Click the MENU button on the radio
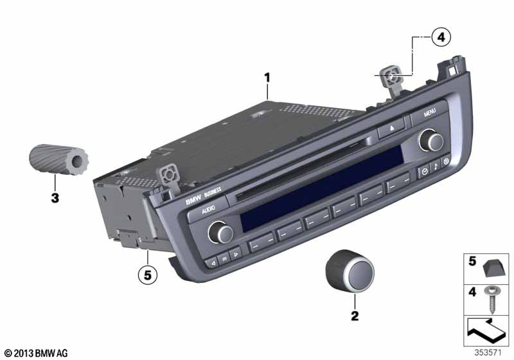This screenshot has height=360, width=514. [x=429, y=113]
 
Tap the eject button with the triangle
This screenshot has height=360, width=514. [x=391, y=129]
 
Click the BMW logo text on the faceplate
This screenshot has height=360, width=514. [x=193, y=201]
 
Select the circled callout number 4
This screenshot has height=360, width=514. [x=441, y=37]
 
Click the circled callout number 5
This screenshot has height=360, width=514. [x=148, y=275]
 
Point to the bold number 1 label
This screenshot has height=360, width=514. [x=267, y=78]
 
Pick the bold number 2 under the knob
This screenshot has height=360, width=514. [x=355, y=316]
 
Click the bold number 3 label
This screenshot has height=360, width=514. [x=55, y=198]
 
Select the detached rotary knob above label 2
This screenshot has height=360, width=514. [x=350, y=271]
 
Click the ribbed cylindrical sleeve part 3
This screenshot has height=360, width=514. [x=59, y=159]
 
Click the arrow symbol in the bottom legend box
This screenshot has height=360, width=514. [x=485, y=330]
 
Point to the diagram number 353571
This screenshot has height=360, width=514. [x=488, y=353]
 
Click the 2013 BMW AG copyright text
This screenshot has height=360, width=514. [x=36, y=353]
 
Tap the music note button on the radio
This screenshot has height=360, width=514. [x=435, y=166]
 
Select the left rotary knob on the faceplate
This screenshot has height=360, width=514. [x=220, y=232]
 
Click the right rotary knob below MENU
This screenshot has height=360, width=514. [x=431, y=140]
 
